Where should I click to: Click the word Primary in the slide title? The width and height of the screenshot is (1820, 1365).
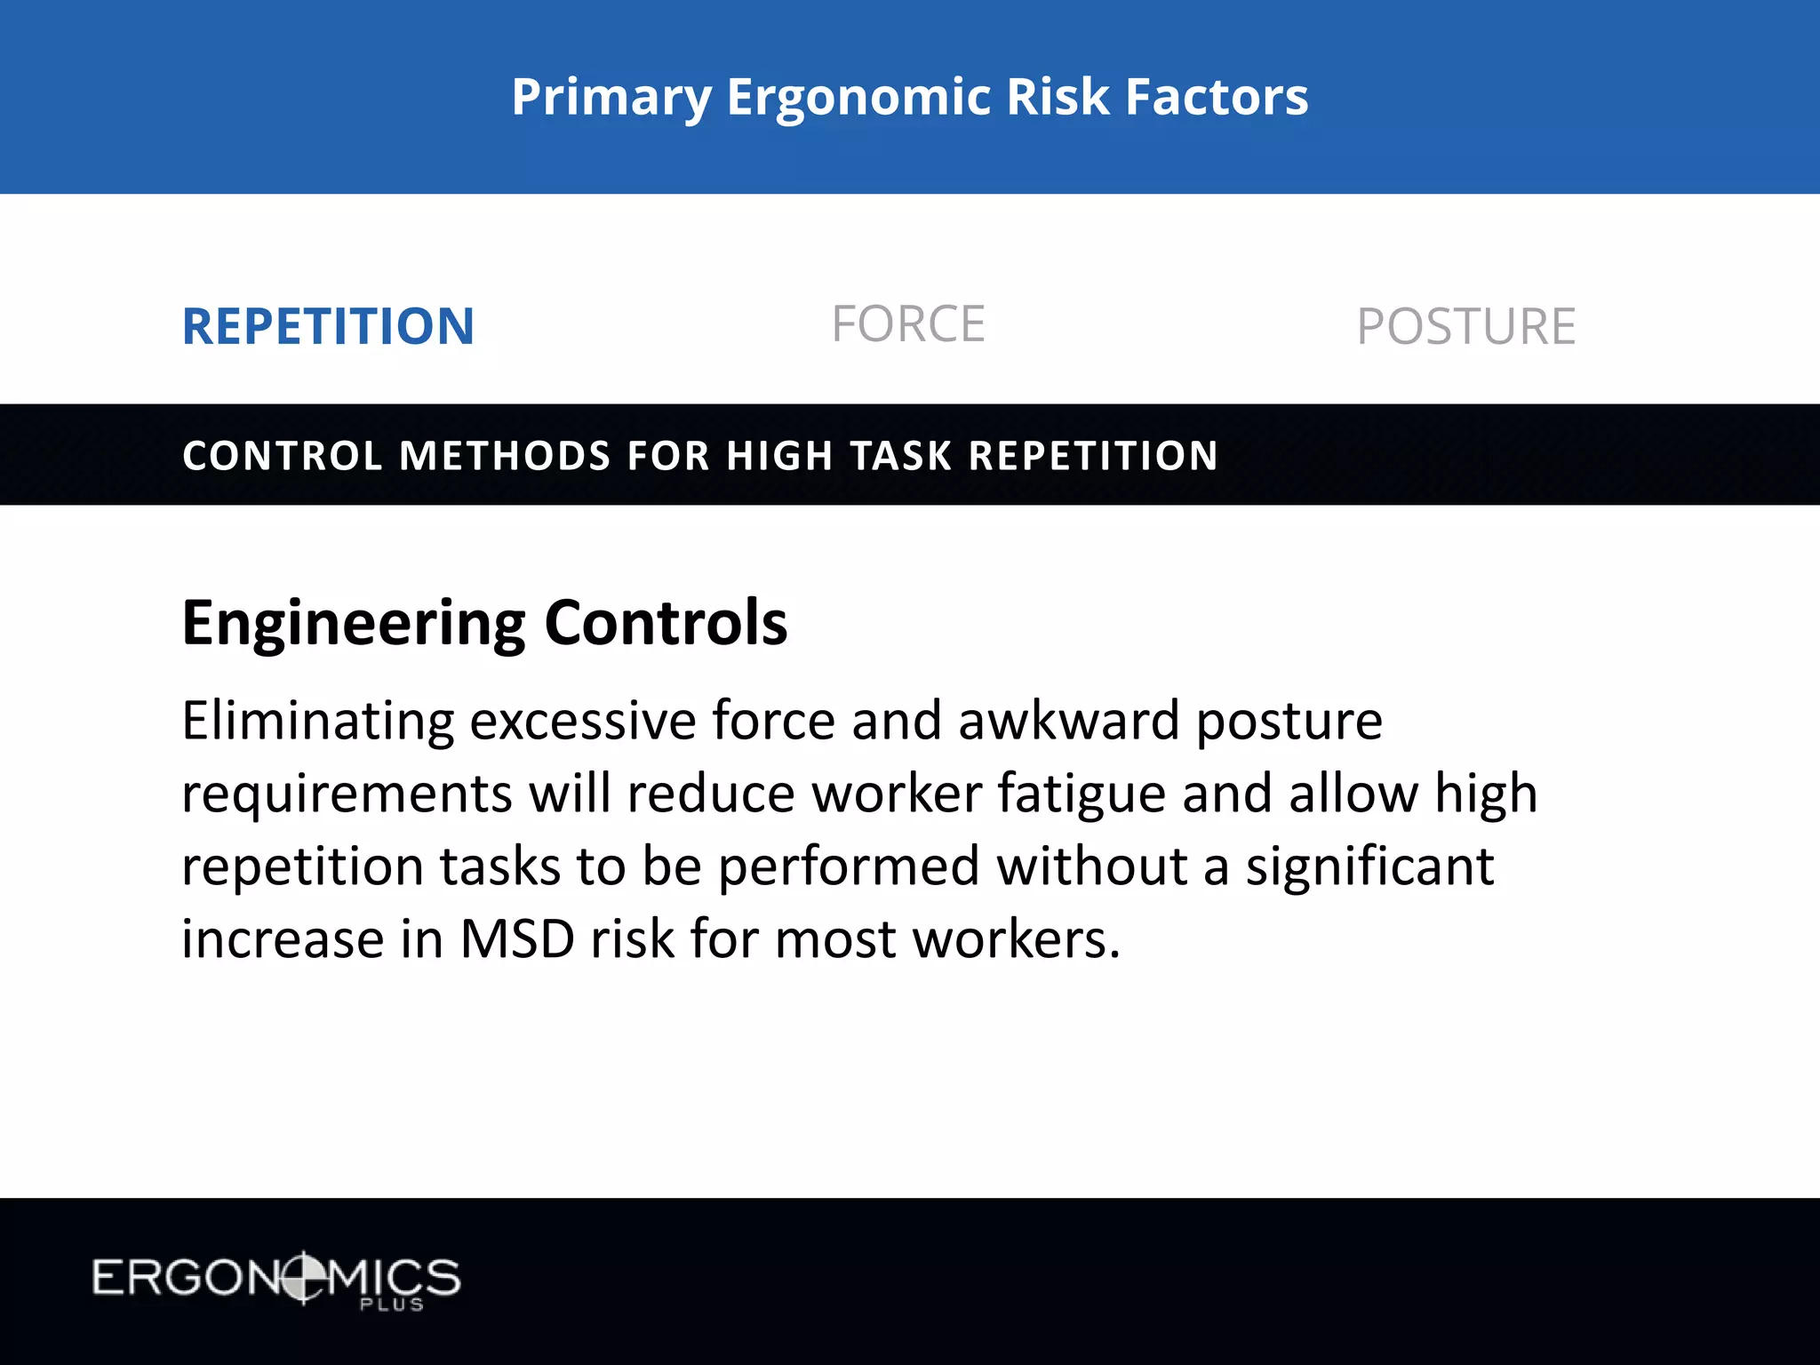coord(611,98)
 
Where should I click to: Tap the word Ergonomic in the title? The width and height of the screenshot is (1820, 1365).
coord(858,98)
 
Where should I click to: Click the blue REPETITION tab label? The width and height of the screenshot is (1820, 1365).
coord(328,326)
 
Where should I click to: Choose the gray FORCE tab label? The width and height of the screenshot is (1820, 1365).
coord(908,323)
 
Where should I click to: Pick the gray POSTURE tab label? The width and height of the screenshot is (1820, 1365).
coord(1466,326)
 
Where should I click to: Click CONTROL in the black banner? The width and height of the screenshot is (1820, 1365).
coord(283,456)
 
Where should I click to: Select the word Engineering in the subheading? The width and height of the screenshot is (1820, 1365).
coord(354,624)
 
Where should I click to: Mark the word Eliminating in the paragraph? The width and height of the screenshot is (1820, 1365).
coord(318,720)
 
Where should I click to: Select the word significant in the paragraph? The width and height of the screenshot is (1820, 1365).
coord(1369,866)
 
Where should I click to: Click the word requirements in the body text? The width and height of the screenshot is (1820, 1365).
coord(347,794)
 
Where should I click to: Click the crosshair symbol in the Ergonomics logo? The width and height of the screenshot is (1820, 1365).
coord(303,1278)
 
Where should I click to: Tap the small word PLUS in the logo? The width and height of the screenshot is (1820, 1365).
coord(391,1305)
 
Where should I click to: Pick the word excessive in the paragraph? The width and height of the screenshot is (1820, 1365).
coord(583,720)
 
